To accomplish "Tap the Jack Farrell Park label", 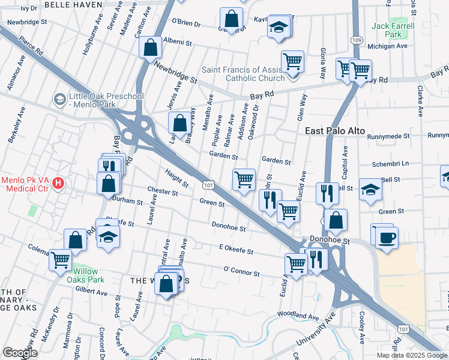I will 393,30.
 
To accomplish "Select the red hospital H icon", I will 58,182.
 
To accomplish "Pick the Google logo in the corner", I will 20,352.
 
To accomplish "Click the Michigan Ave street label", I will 387,46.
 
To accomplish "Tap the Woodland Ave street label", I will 298,316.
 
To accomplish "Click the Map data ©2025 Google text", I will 411,355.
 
